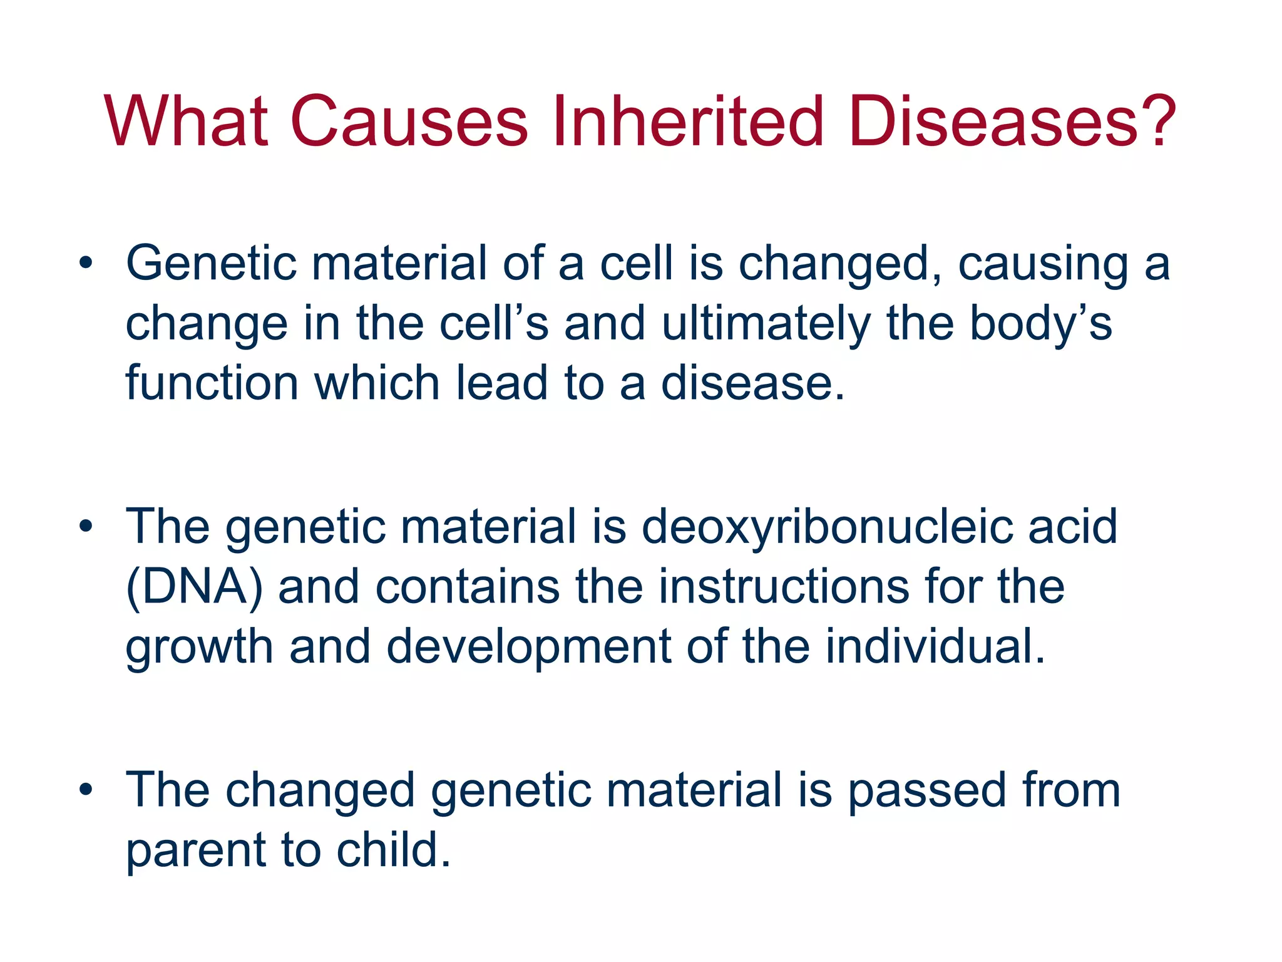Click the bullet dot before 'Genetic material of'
click(86, 262)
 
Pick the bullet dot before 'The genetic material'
click(86, 526)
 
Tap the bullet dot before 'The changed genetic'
click(86, 790)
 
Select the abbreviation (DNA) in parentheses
click(195, 587)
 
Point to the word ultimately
click(766, 324)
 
